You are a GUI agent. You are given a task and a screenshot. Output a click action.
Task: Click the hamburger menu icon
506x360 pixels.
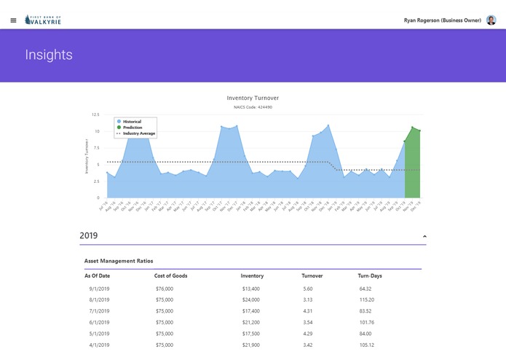pos(13,20)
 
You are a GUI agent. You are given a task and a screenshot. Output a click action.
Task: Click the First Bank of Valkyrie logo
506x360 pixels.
pos(43,20)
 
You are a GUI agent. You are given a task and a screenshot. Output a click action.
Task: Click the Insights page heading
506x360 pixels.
pos(49,55)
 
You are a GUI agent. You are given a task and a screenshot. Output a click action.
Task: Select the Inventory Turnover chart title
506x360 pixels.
pos(253,98)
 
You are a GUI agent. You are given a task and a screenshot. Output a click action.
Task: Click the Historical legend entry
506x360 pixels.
pos(131,122)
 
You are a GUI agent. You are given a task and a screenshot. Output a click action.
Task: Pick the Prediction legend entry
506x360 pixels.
pos(131,128)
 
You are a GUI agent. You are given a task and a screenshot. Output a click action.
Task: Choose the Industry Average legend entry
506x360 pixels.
pos(137,133)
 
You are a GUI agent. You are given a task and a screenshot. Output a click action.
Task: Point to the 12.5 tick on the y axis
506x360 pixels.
pos(95,115)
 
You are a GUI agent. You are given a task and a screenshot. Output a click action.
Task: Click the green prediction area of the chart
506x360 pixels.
pos(413,168)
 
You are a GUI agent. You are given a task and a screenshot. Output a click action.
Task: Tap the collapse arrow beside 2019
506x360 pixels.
pos(424,236)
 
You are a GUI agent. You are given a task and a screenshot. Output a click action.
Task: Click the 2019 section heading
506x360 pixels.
pos(88,236)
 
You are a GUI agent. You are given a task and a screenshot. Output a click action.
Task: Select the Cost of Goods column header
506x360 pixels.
pos(171,276)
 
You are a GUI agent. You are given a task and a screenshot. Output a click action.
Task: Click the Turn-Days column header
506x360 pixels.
pos(370,276)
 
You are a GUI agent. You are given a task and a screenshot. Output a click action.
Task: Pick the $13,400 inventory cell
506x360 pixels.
pos(251,289)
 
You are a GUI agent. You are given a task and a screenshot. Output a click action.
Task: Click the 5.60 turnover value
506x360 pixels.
pos(308,289)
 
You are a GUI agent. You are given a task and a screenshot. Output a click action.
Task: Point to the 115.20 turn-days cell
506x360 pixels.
pos(366,300)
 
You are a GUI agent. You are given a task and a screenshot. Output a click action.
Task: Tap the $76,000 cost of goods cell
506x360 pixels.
pos(165,289)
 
